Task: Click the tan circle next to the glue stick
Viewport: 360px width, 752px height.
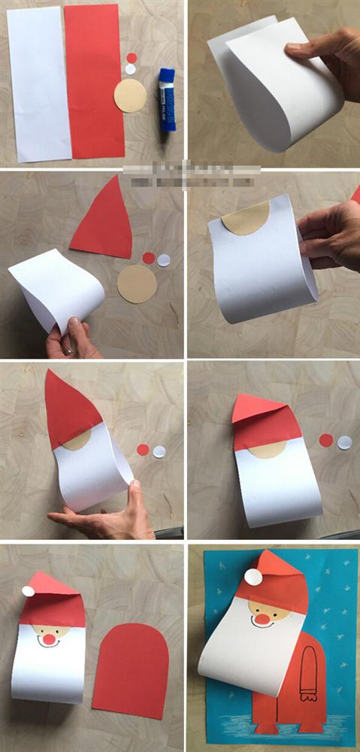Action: click(x=130, y=96)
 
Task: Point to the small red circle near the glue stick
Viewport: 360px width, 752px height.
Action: click(x=132, y=58)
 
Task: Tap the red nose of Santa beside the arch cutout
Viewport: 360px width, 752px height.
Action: click(x=49, y=639)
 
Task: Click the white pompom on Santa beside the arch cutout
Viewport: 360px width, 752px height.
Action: click(x=28, y=591)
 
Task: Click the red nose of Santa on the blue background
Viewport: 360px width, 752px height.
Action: click(x=261, y=619)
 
